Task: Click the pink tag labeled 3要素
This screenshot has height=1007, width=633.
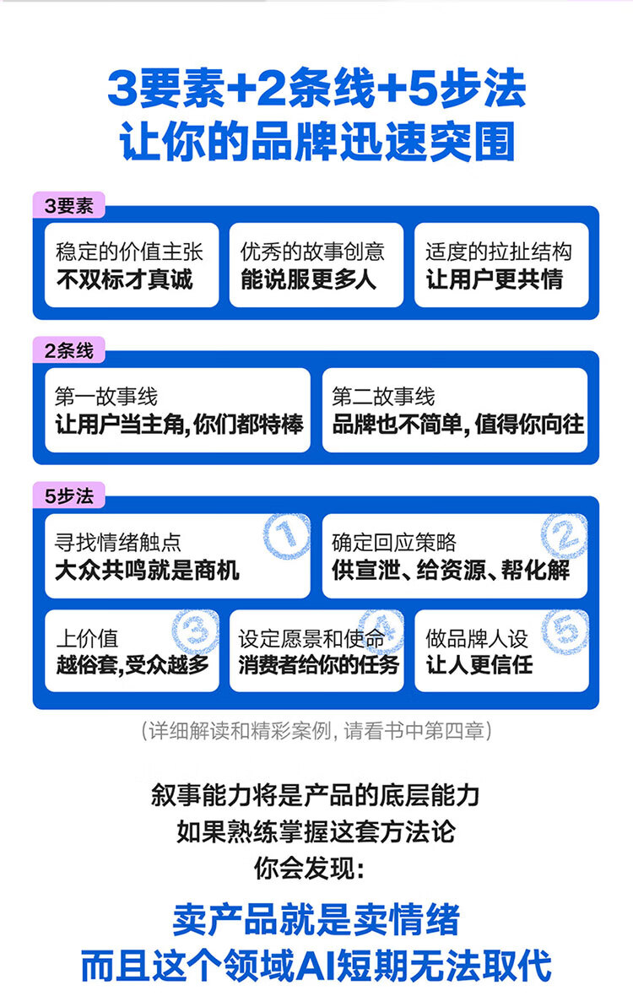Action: click(68, 205)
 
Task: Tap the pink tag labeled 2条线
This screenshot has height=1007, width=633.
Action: click(68, 350)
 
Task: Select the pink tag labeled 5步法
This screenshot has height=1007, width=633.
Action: click(68, 495)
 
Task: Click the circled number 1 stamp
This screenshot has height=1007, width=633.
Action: click(286, 535)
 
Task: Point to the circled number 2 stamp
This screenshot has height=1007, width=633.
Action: click(564, 535)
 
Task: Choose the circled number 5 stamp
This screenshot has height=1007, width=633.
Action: click(565, 631)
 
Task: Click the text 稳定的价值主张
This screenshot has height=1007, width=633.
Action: click(129, 251)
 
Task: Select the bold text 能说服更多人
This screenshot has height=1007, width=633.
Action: click(308, 279)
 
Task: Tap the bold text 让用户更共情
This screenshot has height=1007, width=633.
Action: click(495, 279)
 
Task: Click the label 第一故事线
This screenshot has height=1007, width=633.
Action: click(106, 396)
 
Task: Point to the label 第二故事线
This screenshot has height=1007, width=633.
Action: click(383, 396)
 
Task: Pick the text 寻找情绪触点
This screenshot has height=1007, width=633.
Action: click(118, 542)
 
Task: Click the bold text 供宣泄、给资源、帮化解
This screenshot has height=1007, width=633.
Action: click(451, 571)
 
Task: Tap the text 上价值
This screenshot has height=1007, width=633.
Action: click(87, 638)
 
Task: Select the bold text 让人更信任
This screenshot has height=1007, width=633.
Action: click(479, 664)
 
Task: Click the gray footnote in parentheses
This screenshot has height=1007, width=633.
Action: click(316, 731)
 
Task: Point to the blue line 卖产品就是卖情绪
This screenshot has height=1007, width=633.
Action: click(316, 920)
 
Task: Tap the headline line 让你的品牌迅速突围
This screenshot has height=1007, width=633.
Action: click(317, 141)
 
